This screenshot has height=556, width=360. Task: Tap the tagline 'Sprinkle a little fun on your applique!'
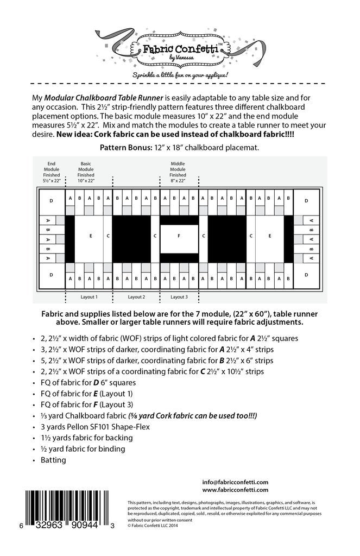point(180,73)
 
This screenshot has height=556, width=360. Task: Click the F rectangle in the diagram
point(179,236)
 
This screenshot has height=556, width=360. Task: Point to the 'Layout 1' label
point(89,297)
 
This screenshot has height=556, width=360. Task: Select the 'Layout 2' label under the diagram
point(136,297)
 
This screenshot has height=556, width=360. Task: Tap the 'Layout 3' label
point(179,297)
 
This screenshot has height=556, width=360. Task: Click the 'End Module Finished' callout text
point(52,172)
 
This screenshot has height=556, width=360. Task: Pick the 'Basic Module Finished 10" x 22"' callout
point(86,172)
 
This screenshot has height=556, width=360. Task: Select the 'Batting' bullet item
point(53,460)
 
